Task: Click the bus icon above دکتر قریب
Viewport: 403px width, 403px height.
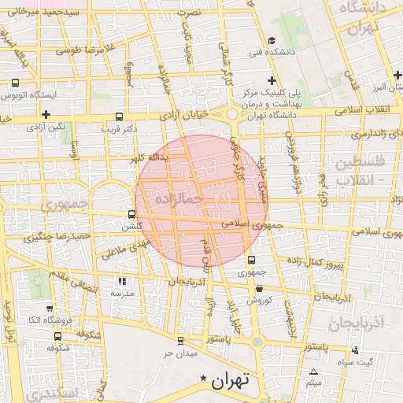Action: pos(119,116)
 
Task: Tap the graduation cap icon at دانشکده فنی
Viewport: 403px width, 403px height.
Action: pos(272,42)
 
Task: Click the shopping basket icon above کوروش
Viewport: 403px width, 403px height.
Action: pos(259,288)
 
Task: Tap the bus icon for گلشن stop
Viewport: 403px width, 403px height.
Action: pos(132,214)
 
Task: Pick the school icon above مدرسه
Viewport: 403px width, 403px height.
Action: pos(122,281)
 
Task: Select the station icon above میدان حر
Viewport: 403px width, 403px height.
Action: pos(181,340)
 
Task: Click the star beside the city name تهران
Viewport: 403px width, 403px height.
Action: pos(205,380)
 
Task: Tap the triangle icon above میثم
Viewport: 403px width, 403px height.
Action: pos(314,372)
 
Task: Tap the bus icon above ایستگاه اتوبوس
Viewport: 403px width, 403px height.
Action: pos(16,83)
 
